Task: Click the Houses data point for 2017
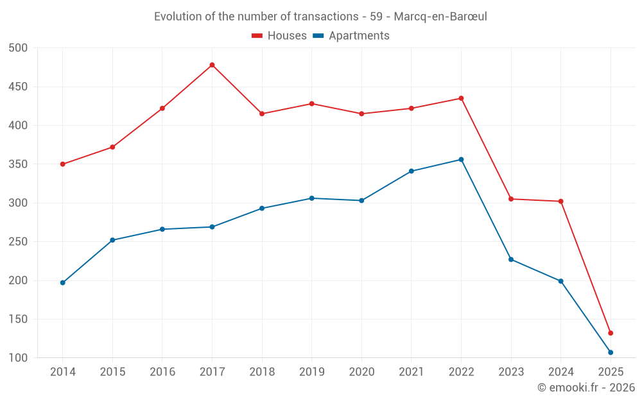tap(212, 65)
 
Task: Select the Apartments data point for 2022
tap(461, 159)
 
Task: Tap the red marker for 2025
tap(611, 333)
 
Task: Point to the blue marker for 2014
tap(63, 282)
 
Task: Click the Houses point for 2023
tap(511, 199)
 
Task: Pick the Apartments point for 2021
tap(412, 171)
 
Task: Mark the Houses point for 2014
tap(63, 164)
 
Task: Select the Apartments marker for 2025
tap(611, 352)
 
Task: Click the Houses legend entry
tap(279, 36)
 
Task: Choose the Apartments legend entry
tap(351, 36)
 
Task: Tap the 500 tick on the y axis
tap(18, 48)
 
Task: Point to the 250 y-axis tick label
tap(18, 242)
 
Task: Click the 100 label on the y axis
tap(18, 358)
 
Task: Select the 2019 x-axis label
tap(312, 372)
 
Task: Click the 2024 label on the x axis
tap(561, 372)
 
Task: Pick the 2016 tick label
tap(162, 372)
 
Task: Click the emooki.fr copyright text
tap(586, 388)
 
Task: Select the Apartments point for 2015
tap(112, 240)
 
